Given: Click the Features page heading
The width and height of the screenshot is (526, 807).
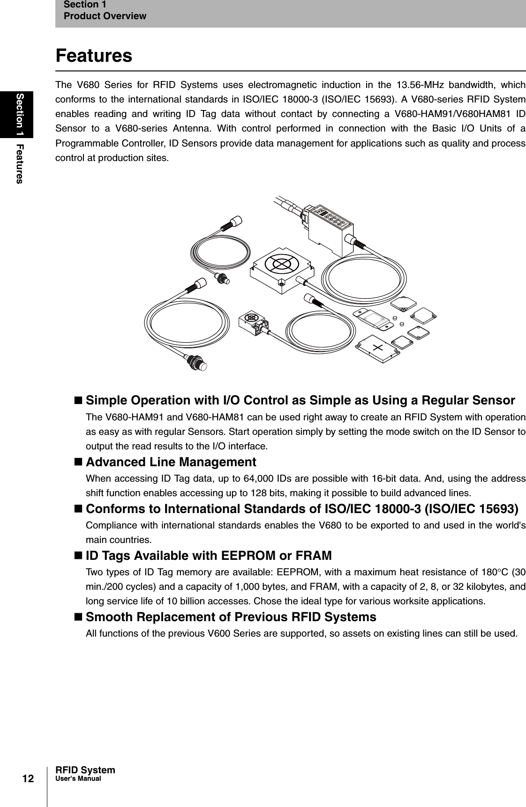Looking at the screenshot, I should tap(94, 56).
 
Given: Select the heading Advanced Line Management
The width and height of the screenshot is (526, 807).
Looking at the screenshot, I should tap(171, 462).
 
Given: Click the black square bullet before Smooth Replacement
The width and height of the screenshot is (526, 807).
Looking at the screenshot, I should tap(78, 617).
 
